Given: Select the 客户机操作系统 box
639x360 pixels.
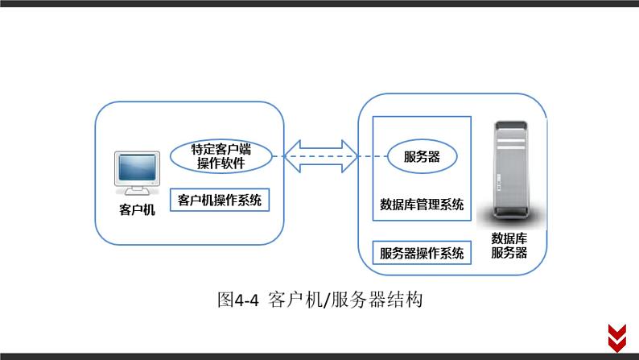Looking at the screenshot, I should click(x=220, y=200).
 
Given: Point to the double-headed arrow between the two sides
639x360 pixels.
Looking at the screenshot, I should click(x=319, y=155).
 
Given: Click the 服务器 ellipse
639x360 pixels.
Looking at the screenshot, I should click(x=422, y=157).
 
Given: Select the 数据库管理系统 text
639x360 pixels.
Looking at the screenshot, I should click(x=422, y=205).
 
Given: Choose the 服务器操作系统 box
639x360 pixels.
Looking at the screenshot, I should click(x=422, y=253).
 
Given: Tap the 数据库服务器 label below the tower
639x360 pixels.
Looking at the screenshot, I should click(x=509, y=245).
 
